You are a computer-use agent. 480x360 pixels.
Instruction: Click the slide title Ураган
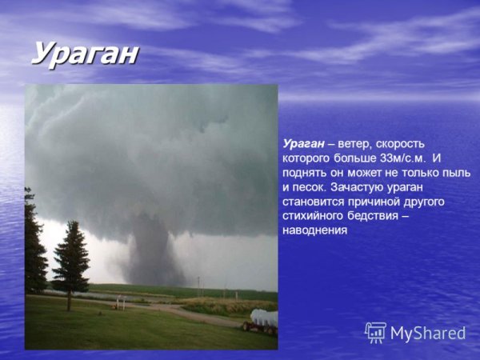point(85,54)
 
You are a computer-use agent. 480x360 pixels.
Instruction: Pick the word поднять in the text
point(306,173)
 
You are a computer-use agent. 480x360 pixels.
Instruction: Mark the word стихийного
point(314,216)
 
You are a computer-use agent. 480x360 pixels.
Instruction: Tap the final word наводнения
point(314,230)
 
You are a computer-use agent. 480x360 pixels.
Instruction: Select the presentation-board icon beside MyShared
point(375,332)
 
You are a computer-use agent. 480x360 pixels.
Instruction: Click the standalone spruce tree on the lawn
point(70,260)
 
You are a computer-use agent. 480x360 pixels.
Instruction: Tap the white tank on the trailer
point(264,318)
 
